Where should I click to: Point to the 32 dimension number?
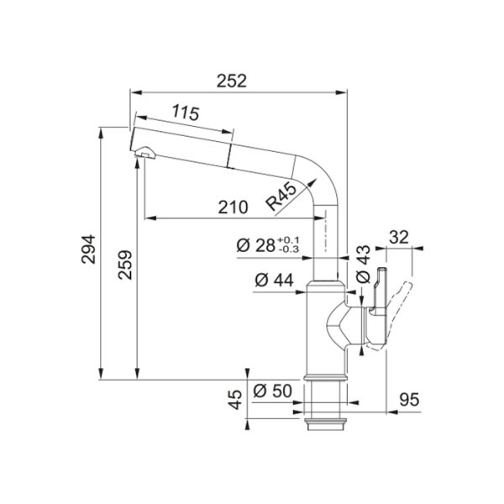point(400,238)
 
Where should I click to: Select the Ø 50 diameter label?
point(270,391)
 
